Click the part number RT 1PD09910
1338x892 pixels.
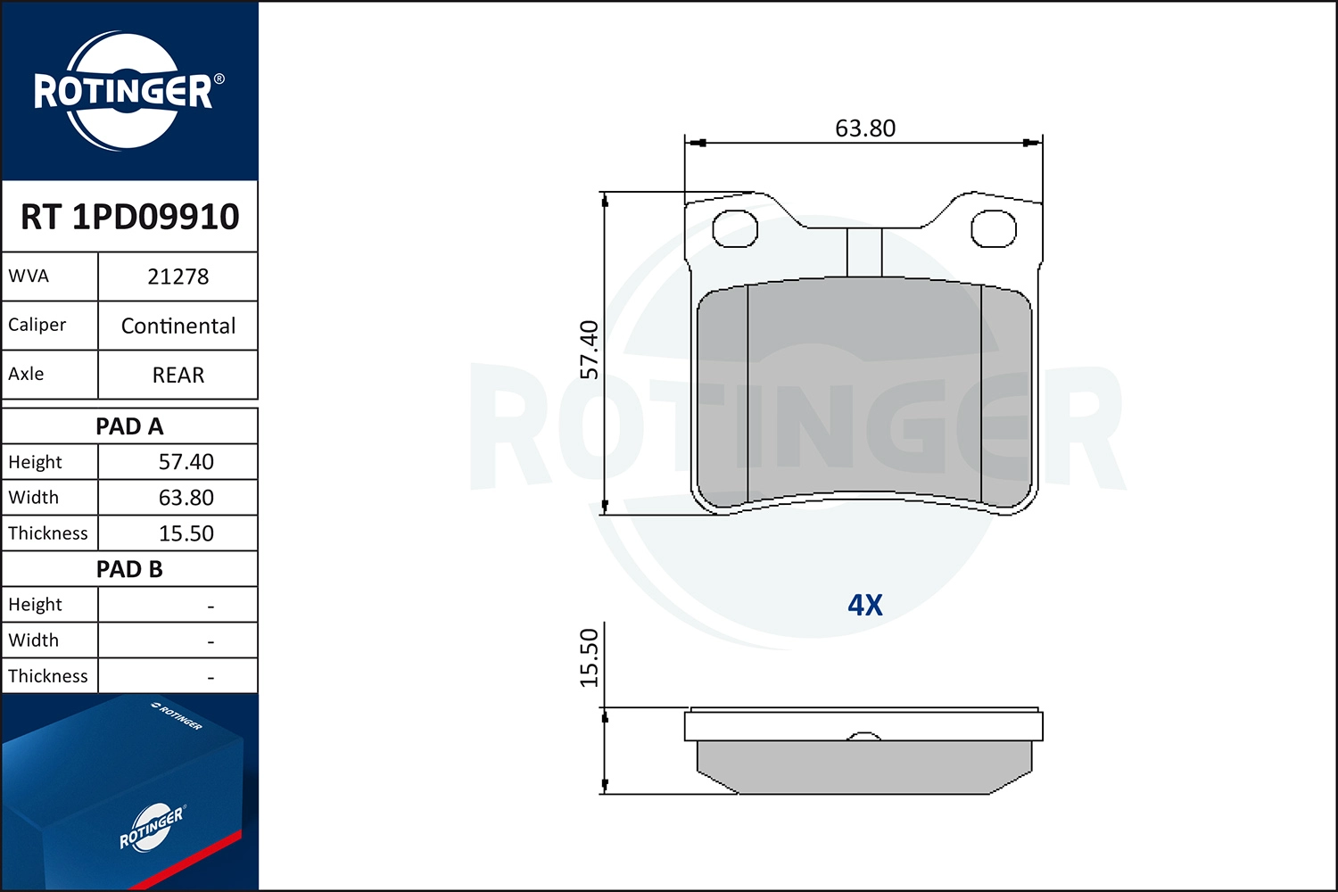tap(129, 217)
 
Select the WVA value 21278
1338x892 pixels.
tap(178, 277)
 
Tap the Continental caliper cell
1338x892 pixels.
tap(178, 326)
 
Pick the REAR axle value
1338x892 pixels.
tap(178, 375)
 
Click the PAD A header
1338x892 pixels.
tap(129, 426)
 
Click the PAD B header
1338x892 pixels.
tap(129, 569)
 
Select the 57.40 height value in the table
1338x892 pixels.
tap(186, 462)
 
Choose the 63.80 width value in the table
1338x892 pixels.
tap(186, 498)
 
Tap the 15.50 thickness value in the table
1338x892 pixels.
tap(186, 533)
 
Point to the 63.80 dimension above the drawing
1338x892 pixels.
tap(864, 128)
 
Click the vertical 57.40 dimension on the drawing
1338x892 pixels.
tap(590, 350)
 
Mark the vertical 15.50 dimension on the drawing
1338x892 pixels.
tap(590, 658)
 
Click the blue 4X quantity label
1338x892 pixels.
tap(864, 605)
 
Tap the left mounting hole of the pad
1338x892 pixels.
tap(734, 229)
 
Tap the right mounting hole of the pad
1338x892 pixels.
tap(993, 229)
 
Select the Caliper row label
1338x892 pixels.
tap(37, 325)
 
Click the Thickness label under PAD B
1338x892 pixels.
tap(48, 676)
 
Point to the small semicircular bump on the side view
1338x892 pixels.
tap(863, 736)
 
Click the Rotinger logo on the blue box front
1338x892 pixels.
tap(151, 828)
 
